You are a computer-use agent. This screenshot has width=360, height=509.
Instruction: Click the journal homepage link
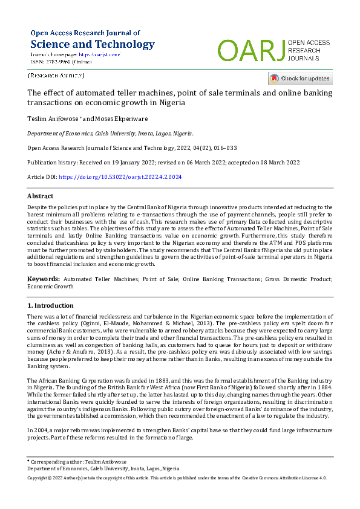pyautogui.click(x=100, y=54)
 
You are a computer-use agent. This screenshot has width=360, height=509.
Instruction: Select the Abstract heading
pyautogui.click(x=40, y=196)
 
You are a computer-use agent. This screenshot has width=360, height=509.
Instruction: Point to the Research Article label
pyautogui.click(x=56, y=76)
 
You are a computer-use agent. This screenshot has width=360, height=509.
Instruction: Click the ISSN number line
pyautogui.click(x=61, y=62)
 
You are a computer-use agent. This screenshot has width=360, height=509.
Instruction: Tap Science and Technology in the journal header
pyautogui.click(x=93, y=44)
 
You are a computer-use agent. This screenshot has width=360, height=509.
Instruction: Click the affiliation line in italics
pyautogui.click(x=110, y=133)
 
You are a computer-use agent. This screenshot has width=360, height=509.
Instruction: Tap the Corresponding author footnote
pyautogui.click(x=84, y=461)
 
